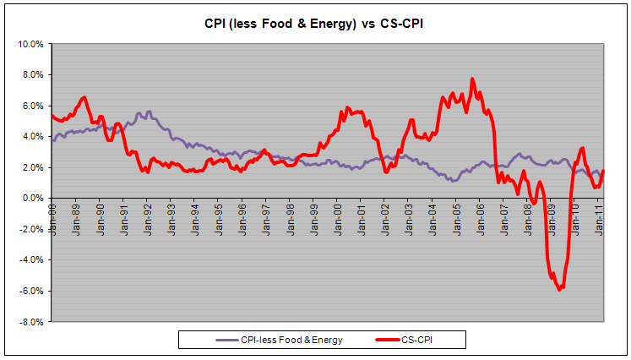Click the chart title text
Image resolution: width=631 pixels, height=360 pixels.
(315, 23)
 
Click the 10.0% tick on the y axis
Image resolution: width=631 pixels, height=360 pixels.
(31, 44)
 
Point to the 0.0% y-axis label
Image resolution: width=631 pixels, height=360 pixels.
(34, 199)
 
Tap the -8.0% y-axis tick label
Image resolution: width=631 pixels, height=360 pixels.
(33, 322)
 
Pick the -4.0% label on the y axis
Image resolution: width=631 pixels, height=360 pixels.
(33, 260)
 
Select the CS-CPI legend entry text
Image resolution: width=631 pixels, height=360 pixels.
(425, 340)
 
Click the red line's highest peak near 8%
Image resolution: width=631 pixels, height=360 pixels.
(472, 79)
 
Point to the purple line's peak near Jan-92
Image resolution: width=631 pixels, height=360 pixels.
(149, 111)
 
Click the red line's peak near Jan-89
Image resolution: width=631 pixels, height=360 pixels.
(84, 97)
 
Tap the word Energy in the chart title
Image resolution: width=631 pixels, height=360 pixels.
(340, 23)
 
